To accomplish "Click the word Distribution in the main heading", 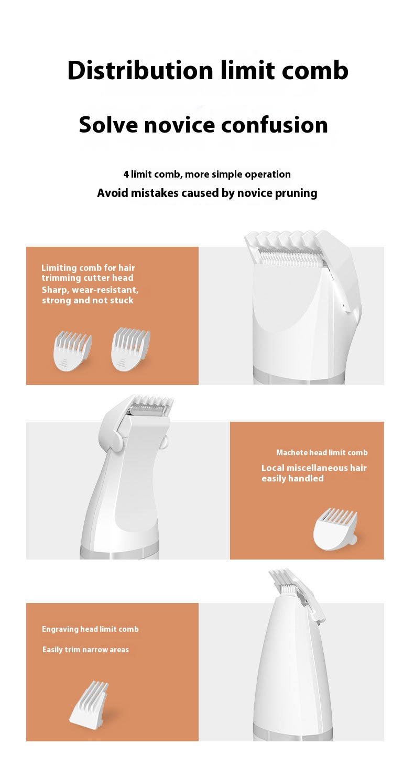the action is pos(140,71).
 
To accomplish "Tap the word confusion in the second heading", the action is pos(275,125).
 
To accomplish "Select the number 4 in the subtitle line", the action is pos(126,174).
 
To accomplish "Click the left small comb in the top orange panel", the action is pos(72,350).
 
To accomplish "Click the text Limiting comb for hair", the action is pos(88,268).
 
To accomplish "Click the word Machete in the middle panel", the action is pos(292,452).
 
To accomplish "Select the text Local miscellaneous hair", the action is pos(314,468).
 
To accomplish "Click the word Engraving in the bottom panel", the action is pos(60,629).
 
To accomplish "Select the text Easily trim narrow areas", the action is pos(85,650).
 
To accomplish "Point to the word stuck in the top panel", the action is pos(122,301).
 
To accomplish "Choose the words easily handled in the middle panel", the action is pos(292,479).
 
